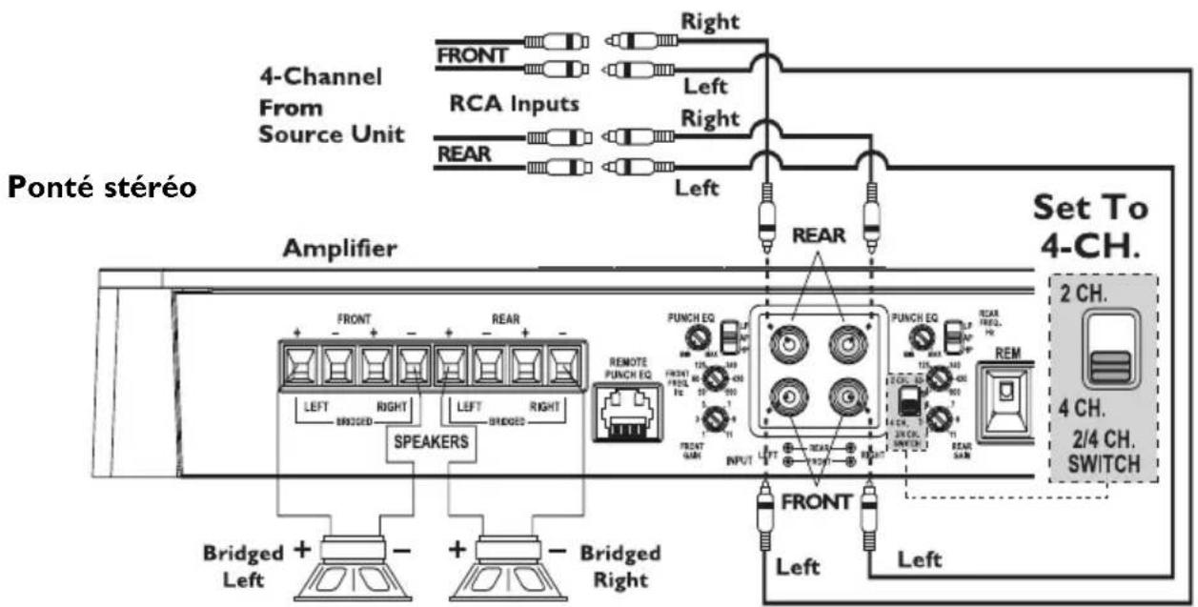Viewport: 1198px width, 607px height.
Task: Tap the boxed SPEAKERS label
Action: (x=431, y=443)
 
